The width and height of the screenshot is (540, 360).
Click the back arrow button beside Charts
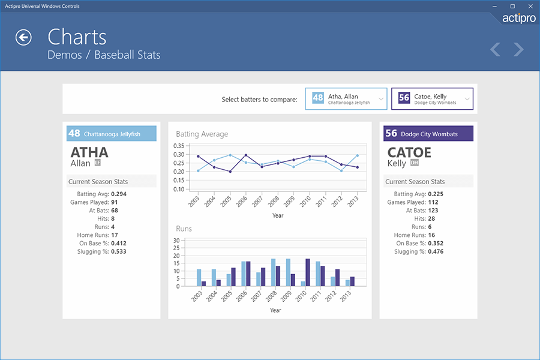23,38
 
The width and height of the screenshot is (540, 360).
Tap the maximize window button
512,6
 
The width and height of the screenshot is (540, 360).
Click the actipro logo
519,18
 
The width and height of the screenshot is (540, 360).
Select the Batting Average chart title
202,134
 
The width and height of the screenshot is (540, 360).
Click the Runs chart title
184,229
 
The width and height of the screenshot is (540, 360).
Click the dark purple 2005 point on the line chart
230,172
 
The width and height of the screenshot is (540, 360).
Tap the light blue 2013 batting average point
357,155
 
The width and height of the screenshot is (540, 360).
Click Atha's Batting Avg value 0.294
118,194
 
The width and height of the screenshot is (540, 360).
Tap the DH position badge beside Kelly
414,163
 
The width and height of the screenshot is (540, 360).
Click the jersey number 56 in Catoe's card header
391,134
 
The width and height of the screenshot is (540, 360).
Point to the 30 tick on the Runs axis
177,241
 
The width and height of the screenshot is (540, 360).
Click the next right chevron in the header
518,49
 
